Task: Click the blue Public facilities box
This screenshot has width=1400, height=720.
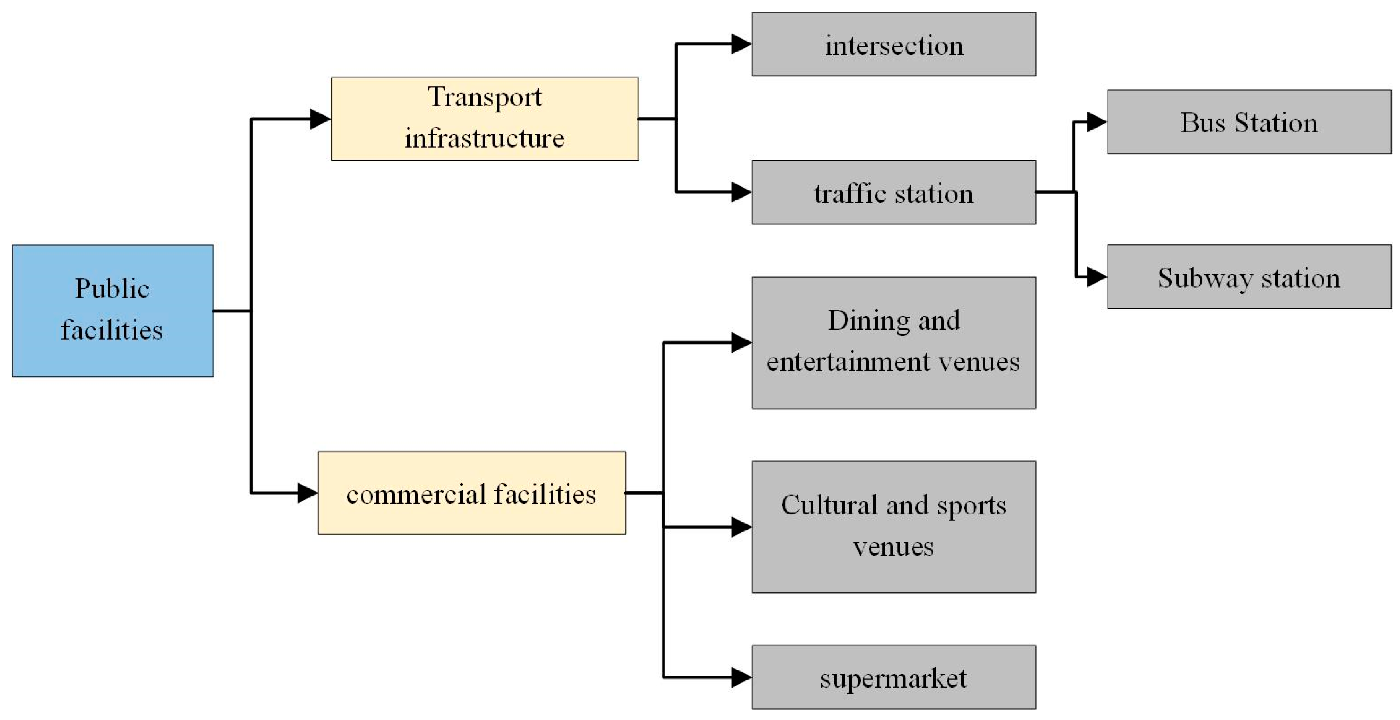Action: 112,310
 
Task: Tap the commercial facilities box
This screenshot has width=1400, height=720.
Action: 471,492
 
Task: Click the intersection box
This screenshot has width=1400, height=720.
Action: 893,44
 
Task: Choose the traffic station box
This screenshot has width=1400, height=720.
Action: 893,192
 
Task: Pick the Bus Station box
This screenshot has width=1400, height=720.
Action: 1249,122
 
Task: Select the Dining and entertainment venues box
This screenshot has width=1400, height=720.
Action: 893,342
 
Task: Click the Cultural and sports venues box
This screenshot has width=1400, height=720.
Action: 893,526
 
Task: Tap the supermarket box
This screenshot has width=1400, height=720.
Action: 893,677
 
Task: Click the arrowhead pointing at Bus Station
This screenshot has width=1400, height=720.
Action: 1096,122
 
